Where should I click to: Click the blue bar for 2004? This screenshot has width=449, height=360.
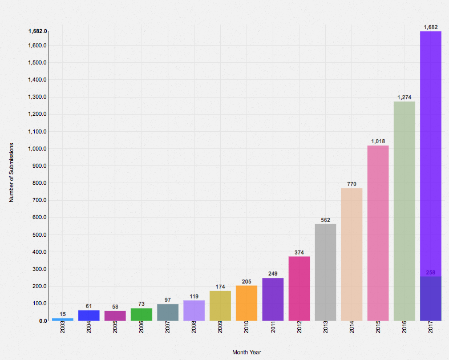(89, 315)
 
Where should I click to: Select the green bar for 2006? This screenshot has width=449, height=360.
(141, 314)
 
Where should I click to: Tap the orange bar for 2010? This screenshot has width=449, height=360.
(246, 303)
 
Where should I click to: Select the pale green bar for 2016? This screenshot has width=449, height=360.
(404, 211)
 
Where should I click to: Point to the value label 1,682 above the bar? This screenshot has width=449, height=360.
(431, 27)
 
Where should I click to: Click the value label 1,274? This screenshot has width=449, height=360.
(404, 98)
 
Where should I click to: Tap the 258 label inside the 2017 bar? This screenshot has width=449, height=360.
(431, 273)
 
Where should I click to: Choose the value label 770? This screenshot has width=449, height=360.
(352, 184)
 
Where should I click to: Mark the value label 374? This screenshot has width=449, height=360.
(299, 252)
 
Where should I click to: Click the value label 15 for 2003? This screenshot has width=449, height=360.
(63, 314)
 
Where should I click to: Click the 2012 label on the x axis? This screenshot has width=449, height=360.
(299, 328)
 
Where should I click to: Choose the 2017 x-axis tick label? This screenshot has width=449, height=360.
(431, 328)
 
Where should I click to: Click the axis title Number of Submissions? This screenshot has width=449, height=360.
(11, 173)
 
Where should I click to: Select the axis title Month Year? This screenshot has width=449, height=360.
(246, 352)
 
